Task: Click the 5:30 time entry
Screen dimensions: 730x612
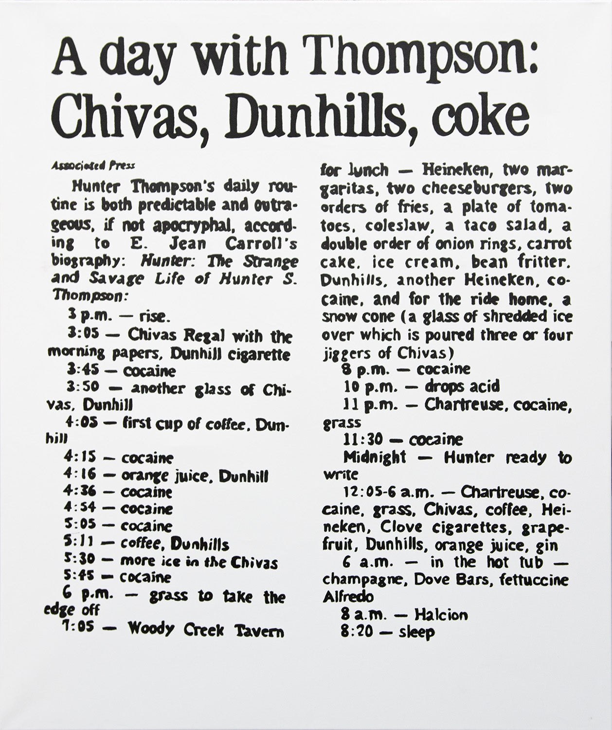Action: coord(80,561)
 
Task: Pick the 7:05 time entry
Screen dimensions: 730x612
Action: coord(82,629)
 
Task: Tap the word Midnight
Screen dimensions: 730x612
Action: coord(375,457)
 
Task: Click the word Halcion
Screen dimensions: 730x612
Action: coord(441,615)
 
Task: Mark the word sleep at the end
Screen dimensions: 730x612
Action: coord(416,633)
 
